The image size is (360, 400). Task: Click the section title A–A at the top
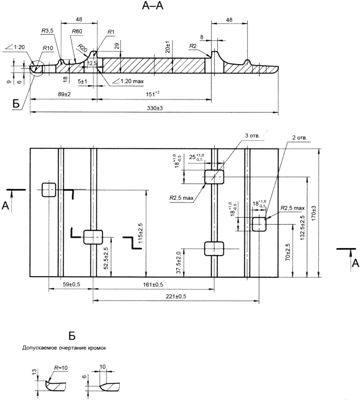(153, 5)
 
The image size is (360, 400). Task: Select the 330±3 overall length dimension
(155, 108)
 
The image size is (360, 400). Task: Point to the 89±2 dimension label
(64, 94)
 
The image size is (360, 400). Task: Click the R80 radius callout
(77, 31)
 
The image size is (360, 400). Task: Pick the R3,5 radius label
(47, 31)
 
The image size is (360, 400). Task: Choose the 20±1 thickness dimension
(168, 46)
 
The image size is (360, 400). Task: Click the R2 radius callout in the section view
(193, 46)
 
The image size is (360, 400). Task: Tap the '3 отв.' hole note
(252, 136)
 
